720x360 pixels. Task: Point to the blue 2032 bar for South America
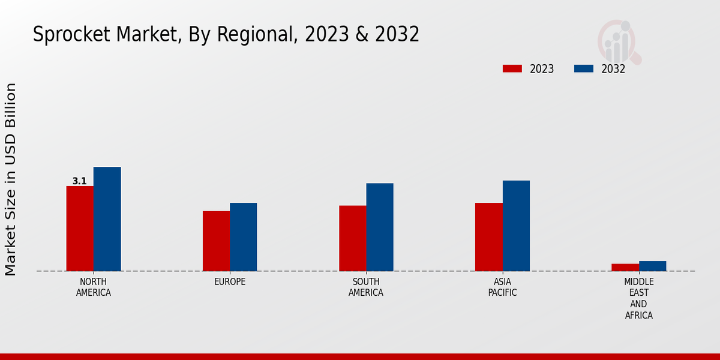click(380, 227)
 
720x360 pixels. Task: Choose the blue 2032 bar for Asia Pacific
click(516, 226)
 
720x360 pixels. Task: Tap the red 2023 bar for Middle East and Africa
click(625, 267)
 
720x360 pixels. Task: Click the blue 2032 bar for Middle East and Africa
click(652, 266)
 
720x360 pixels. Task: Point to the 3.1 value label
click(79, 181)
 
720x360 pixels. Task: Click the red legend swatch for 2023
click(512, 68)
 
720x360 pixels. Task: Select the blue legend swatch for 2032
click(583, 68)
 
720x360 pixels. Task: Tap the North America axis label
click(94, 287)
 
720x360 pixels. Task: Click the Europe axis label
click(230, 281)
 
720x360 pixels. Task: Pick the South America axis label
click(366, 287)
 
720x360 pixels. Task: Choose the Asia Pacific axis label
click(502, 287)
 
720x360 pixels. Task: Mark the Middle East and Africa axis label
click(638, 298)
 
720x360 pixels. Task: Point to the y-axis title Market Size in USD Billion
click(11, 179)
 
